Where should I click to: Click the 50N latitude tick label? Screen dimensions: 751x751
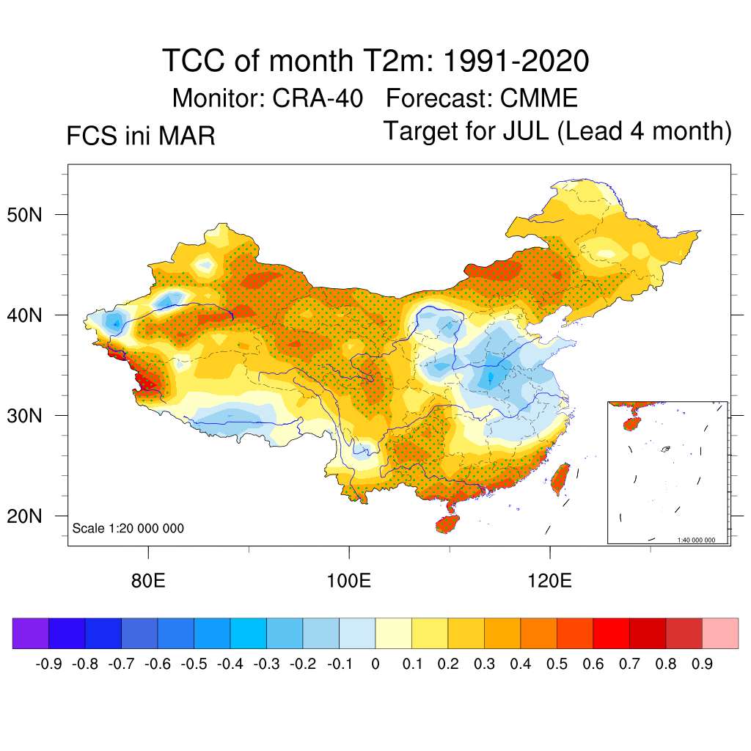[x=32, y=216]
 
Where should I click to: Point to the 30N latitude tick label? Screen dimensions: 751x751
[x=32, y=416]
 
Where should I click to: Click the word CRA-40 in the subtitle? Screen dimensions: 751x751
[x=318, y=98]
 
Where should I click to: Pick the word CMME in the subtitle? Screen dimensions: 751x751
[x=539, y=98]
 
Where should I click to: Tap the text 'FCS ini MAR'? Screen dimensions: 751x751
[x=141, y=136]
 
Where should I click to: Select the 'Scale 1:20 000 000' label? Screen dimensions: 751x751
[x=128, y=529]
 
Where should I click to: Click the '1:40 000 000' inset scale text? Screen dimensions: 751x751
[x=701, y=540]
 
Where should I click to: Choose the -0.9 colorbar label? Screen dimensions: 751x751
[x=49, y=664]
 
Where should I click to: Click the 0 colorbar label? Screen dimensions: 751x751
[x=375, y=664]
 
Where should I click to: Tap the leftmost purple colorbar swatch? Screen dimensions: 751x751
[x=31, y=633]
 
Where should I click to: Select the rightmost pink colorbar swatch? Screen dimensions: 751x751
[x=720, y=633]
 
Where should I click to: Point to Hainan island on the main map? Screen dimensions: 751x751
[x=448, y=524]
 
